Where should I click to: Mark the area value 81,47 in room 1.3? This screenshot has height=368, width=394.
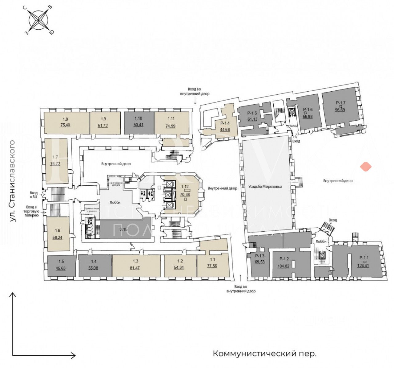(x=135, y=268)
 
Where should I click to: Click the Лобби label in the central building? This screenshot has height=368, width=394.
(x=115, y=202)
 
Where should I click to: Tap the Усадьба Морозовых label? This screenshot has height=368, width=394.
(x=265, y=187)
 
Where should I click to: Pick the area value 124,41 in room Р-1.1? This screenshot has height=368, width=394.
(x=363, y=266)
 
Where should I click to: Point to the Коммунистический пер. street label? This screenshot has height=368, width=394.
(x=264, y=354)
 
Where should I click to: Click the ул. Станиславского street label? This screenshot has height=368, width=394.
(x=12, y=181)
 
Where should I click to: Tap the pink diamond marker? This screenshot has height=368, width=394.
(x=366, y=167)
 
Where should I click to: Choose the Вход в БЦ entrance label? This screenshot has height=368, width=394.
(x=34, y=195)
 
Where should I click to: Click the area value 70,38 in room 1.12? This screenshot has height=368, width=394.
(x=185, y=195)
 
